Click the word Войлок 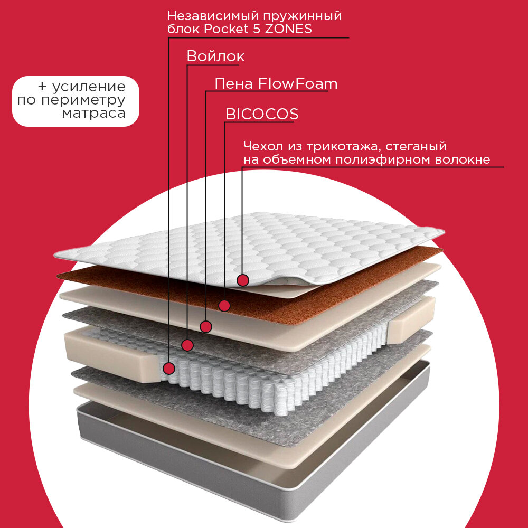tap(215, 56)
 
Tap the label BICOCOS tap(262, 114)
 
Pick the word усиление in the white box tap(90, 87)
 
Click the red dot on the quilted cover tap(242, 280)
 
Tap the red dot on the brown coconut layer tap(224, 305)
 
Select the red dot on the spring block tap(169, 367)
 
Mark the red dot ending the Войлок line tap(187, 345)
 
